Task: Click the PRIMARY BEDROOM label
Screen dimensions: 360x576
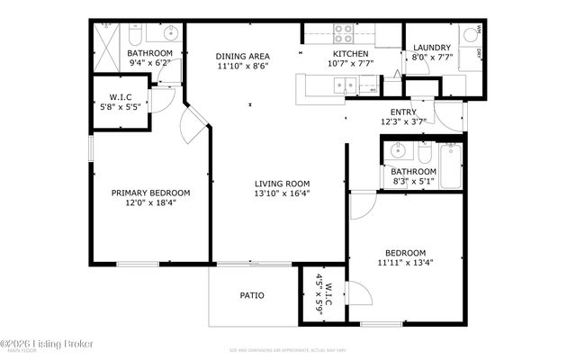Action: (150, 193)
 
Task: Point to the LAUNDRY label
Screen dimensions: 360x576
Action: (431, 48)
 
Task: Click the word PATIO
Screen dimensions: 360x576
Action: (251, 294)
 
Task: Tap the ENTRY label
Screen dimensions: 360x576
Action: (452, 112)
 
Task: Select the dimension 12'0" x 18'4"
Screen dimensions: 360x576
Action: (150, 203)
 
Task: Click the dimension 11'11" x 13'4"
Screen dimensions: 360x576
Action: (405, 264)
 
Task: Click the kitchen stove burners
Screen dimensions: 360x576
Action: (344, 33)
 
